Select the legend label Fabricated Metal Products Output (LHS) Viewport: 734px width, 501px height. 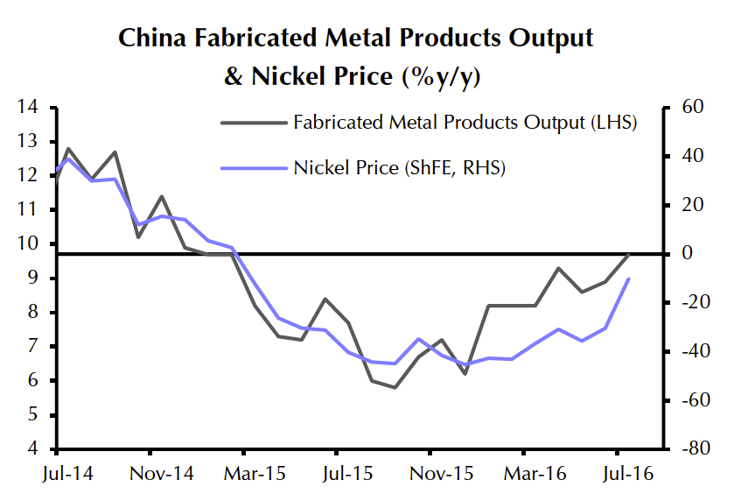coord(465,122)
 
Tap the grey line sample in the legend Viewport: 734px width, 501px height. coord(253,122)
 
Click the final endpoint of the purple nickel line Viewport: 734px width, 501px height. coord(629,279)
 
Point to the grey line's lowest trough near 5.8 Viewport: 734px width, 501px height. coord(395,387)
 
